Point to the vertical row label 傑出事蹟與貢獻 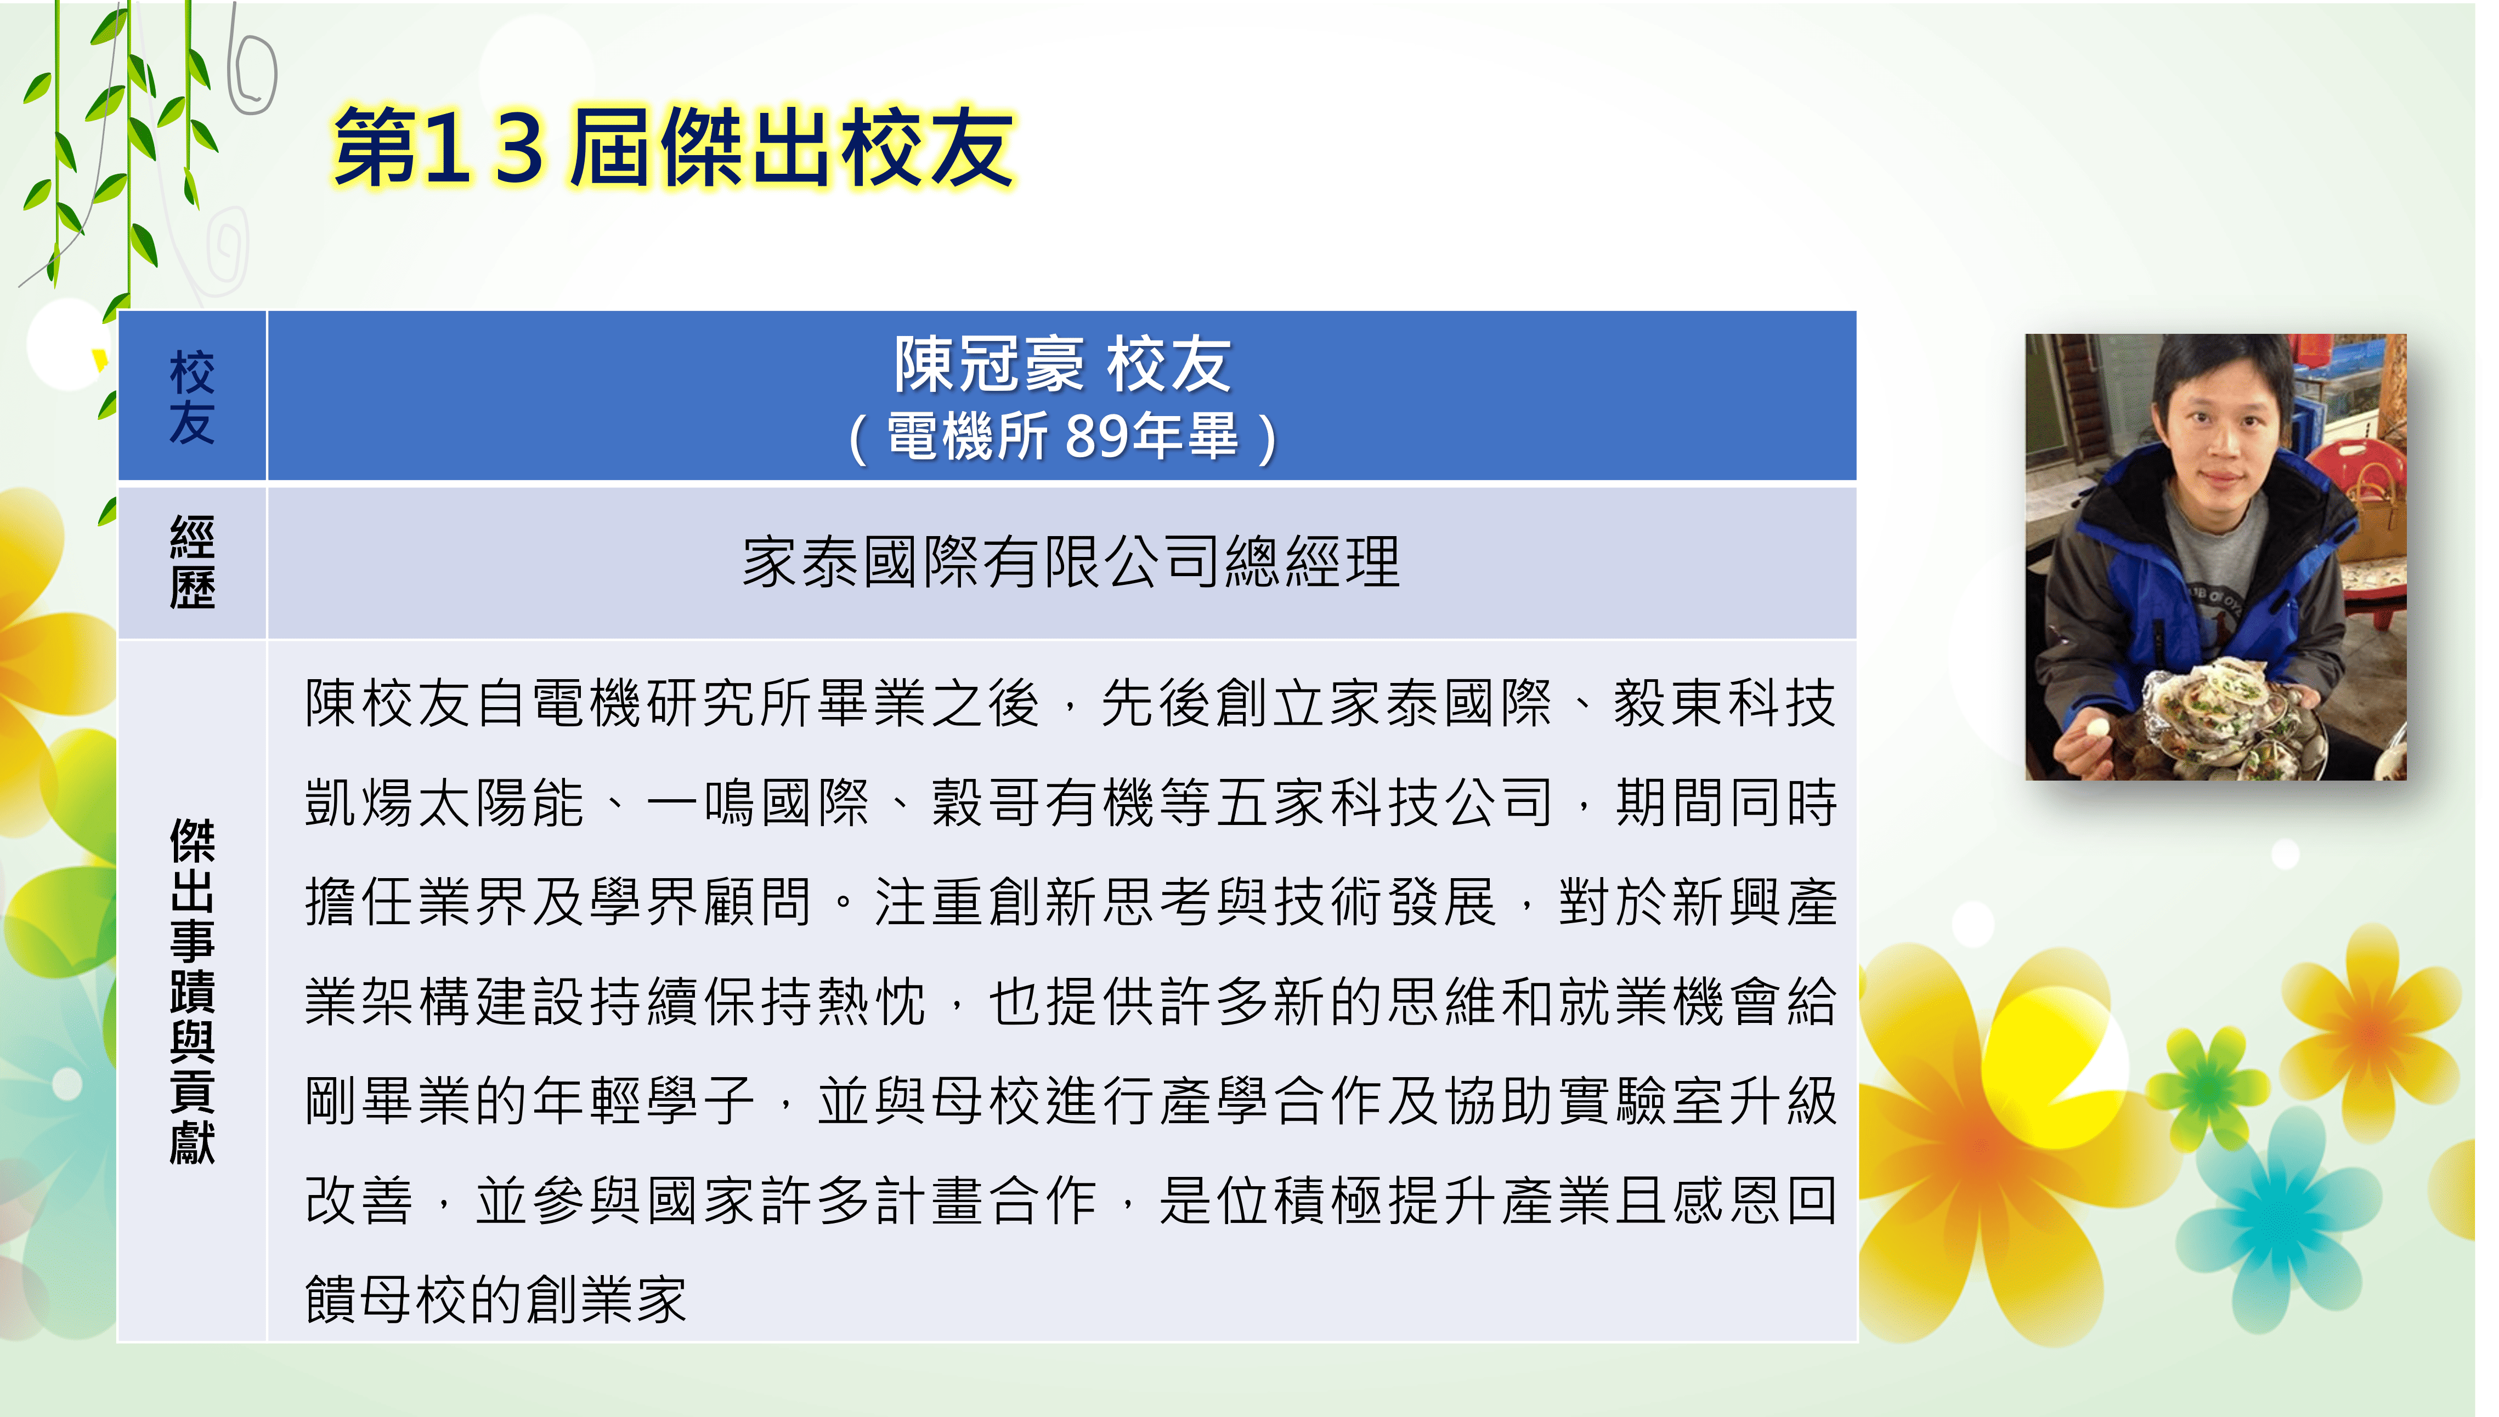[192, 991]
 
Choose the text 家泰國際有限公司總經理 [1071, 562]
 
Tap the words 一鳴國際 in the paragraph [757, 803]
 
